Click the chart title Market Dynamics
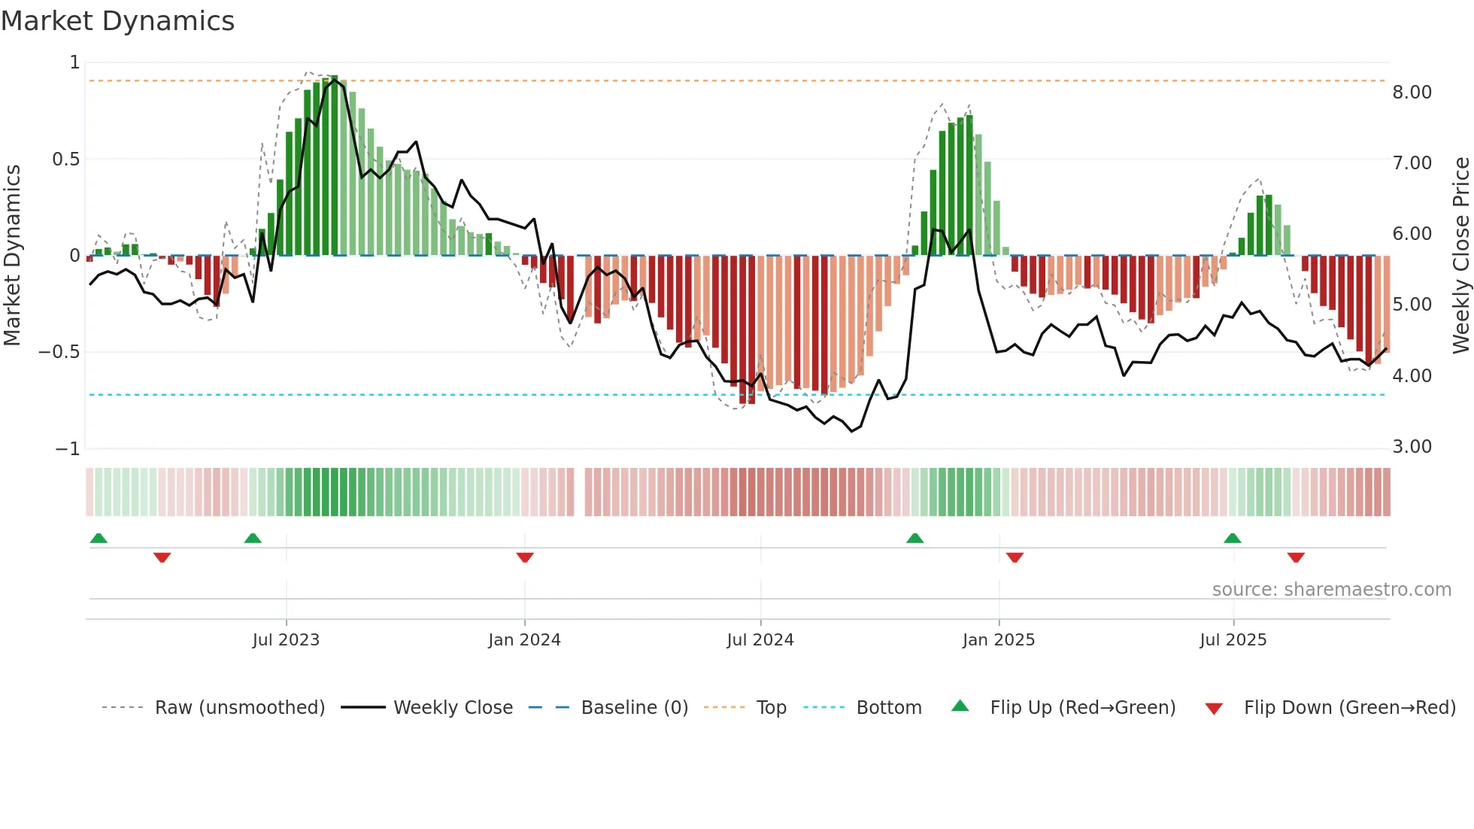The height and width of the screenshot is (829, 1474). [x=118, y=21]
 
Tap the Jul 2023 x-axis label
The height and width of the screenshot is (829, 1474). [x=286, y=640]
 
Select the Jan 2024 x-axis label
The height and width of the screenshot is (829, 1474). [x=524, y=640]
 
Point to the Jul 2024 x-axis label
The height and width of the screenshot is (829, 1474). [x=760, y=640]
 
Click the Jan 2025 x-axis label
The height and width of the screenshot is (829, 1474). [x=999, y=640]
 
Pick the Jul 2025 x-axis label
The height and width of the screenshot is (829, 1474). [x=1233, y=640]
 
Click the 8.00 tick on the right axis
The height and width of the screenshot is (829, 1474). [x=1412, y=93]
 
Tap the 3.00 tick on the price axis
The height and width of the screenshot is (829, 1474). [x=1412, y=447]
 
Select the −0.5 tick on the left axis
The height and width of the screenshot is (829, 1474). [x=59, y=352]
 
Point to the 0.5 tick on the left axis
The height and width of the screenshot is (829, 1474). [x=65, y=159]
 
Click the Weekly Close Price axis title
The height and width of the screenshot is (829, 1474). [x=1460, y=255]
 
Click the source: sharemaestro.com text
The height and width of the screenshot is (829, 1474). [x=1332, y=590]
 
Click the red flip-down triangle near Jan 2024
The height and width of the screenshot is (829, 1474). [x=525, y=557]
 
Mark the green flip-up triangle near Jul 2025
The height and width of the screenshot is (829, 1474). [x=1232, y=539]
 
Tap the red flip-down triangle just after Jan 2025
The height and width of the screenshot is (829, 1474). [x=1015, y=557]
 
